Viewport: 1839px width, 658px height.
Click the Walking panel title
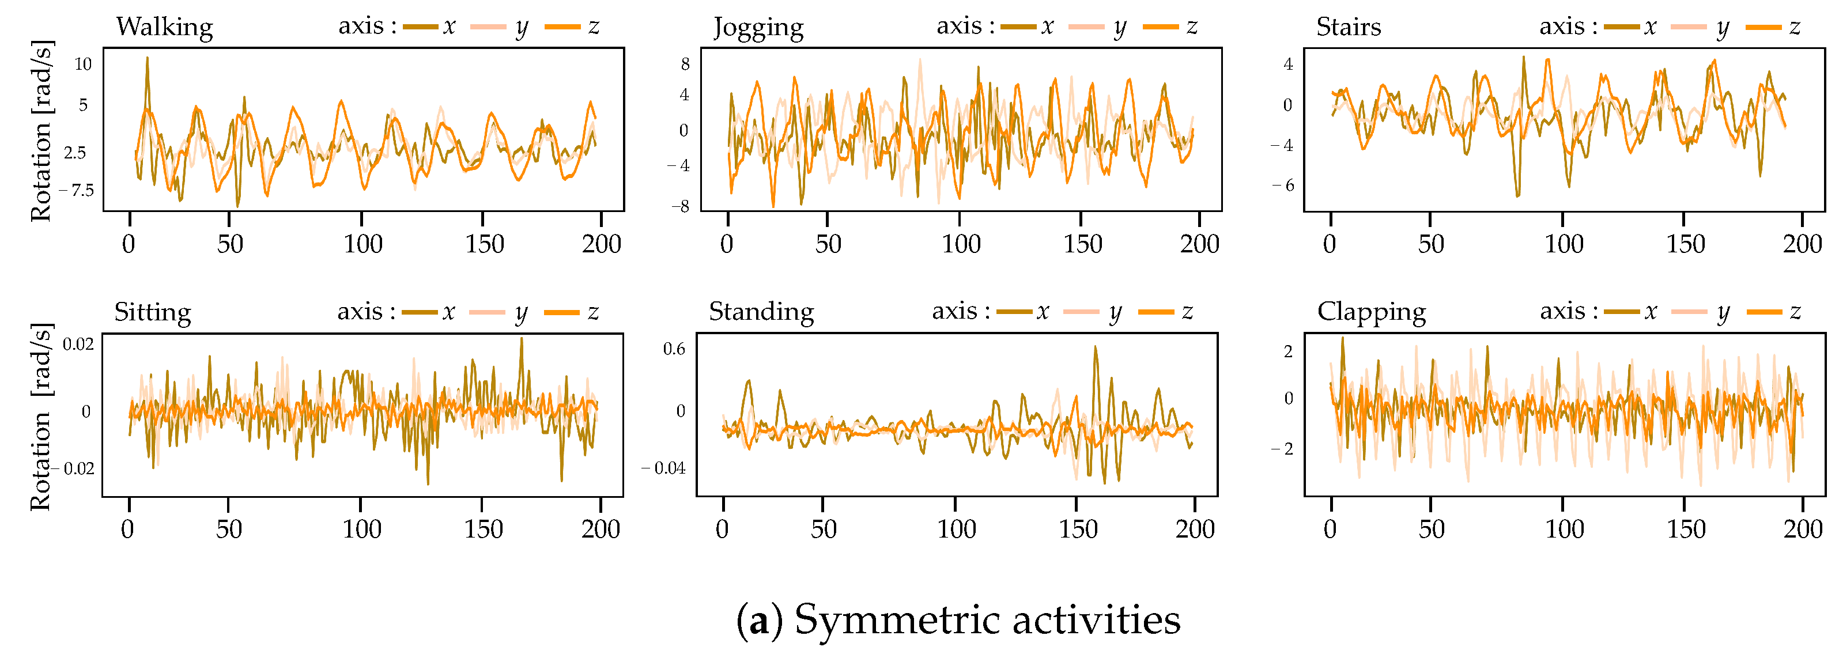pyautogui.click(x=164, y=27)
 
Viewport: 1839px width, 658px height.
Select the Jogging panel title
pyautogui.click(x=758, y=28)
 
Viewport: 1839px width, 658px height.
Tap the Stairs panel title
pyautogui.click(x=1348, y=27)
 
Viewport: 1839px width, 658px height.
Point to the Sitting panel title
pyautogui.click(x=152, y=313)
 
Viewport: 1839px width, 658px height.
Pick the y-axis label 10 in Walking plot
pyautogui.click(x=83, y=64)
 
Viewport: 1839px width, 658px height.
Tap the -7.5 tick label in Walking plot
pyautogui.click(x=77, y=191)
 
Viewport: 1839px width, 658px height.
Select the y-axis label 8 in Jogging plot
pyautogui.click(x=685, y=64)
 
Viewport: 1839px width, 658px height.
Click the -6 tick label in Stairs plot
pyautogui.click(x=1282, y=186)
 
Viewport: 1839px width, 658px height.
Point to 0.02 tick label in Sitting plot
pyautogui.click(x=78, y=345)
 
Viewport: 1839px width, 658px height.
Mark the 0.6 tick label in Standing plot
pyautogui.click(x=674, y=349)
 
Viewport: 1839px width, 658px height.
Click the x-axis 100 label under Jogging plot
pyautogui.click(x=960, y=244)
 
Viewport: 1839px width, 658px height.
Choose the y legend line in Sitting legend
pyautogui.click(x=488, y=312)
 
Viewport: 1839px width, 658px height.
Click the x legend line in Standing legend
pyautogui.click(x=1014, y=312)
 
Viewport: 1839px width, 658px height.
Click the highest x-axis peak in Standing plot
pyautogui.click(x=1095, y=347)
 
